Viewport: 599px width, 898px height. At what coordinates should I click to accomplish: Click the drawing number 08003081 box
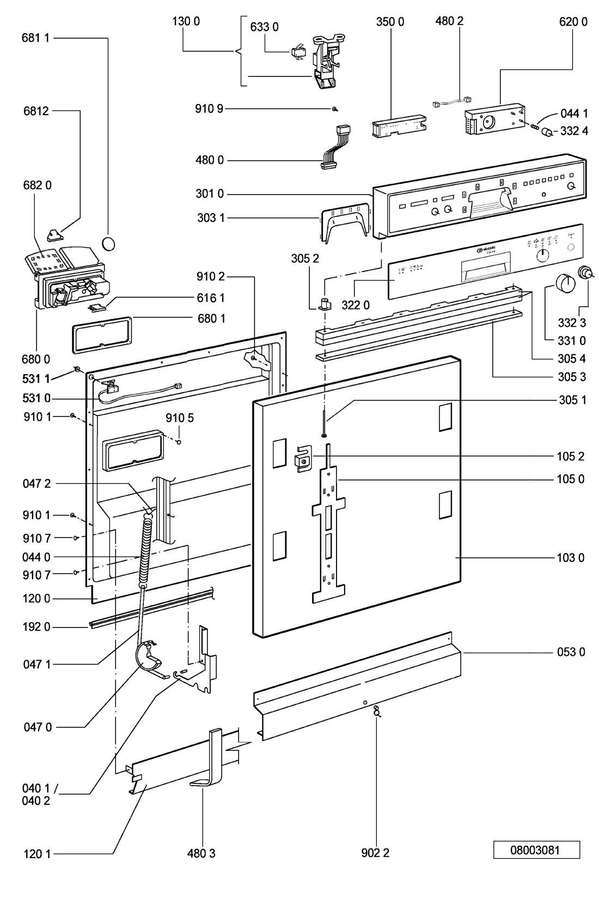click(x=536, y=849)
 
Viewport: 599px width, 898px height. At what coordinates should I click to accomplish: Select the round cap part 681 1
click(x=109, y=243)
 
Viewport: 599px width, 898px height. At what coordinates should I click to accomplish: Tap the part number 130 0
click(x=186, y=22)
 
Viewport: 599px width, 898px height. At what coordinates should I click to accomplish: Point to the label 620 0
click(x=573, y=22)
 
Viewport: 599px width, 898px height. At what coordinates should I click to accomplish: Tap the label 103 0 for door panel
click(x=571, y=558)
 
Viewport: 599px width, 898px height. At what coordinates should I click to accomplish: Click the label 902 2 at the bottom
click(x=375, y=854)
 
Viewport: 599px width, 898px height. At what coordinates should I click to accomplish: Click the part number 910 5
click(x=179, y=418)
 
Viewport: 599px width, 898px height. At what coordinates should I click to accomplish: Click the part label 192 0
click(x=36, y=627)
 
